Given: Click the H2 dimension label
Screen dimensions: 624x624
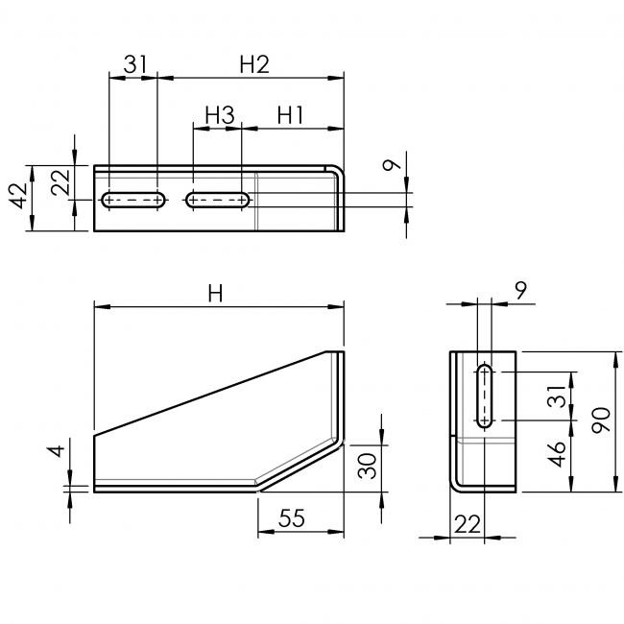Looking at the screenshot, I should [253, 64].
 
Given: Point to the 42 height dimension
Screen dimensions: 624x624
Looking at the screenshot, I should [16, 197].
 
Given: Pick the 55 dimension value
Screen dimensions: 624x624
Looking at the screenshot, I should [292, 518].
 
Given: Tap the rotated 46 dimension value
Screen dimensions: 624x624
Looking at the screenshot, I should [556, 455].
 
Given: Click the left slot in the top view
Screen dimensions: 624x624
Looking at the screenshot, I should [133, 200].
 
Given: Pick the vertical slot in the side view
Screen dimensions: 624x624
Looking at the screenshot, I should [486, 396].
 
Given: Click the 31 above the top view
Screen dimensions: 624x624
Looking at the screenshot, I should [134, 64].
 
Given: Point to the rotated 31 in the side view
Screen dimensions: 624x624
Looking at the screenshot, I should [556, 396].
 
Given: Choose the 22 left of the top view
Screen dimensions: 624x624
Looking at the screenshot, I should [60, 182].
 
